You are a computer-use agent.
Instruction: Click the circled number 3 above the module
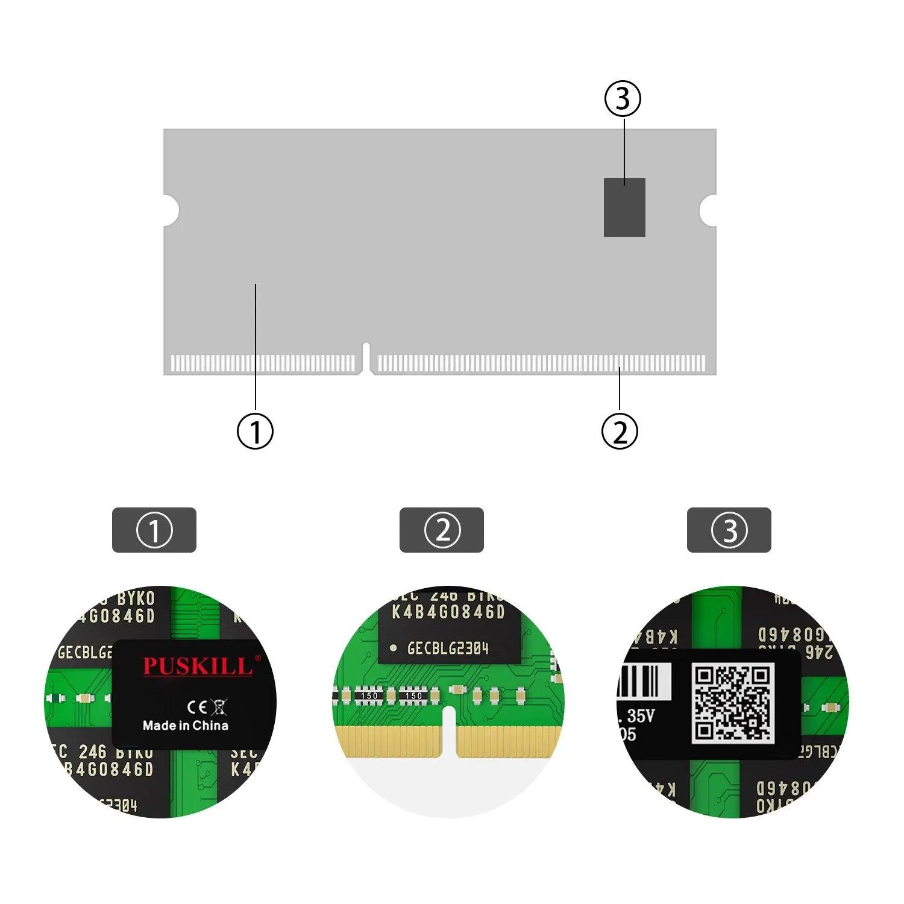(x=623, y=99)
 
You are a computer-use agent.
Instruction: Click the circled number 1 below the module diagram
(x=255, y=431)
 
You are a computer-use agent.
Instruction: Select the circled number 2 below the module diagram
(x=620, y=432)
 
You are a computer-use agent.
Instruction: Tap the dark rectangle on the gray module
(x=624, y=207)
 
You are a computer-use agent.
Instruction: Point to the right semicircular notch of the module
(x=709, y=209)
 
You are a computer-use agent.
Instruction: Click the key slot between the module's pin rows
(x=366, y=357)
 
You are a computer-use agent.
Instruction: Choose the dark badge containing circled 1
(x=154, y=530)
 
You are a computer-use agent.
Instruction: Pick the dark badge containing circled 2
(x=442, y=530)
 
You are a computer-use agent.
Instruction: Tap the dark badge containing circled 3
(x=729, y=530)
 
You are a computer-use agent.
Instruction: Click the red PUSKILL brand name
(x=197, y=667)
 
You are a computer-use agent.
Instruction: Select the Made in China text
(x=186, y=726)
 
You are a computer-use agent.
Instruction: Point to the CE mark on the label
(x=197, y=707)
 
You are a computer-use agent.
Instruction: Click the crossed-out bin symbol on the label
(x=219, y=707)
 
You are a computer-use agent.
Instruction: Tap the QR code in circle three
(x=732, y=703)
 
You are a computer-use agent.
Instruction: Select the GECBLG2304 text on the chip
(x=447, y=649)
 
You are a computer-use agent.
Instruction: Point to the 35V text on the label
(x=640, y=716)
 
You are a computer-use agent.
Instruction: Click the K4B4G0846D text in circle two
(x=448, y=612)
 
